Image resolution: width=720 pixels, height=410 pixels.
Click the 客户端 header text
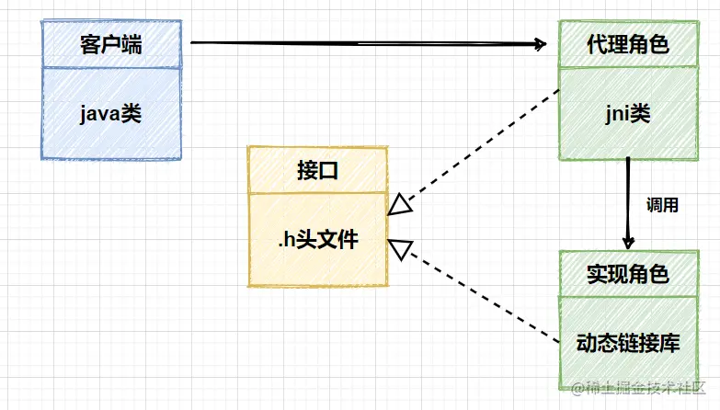[110, 44]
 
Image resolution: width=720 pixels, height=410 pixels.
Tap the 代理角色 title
[628, 44]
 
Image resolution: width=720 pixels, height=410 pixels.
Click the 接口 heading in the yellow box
[315, 170]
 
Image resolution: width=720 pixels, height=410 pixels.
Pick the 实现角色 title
[628, 274]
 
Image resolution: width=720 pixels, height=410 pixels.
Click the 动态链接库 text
[628, 344]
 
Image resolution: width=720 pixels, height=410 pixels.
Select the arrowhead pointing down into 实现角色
[628, 242]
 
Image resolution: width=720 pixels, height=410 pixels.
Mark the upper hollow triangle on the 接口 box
[398, 204]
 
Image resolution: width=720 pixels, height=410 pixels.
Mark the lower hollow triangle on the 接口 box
[399, 247]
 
